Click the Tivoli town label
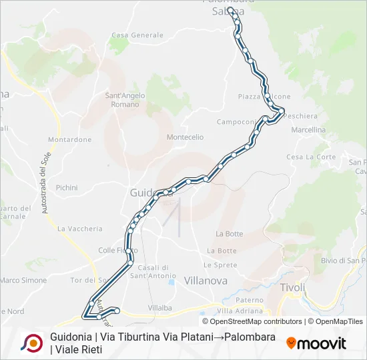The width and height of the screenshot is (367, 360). tap(294, 287)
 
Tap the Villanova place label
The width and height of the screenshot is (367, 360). tap(205, 281)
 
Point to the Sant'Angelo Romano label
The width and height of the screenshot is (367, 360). tap(125, 99)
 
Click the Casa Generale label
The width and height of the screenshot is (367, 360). tap(137, 35)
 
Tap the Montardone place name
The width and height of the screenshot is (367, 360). tap(69, 140)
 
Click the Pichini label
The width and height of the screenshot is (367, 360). tap(67, 188)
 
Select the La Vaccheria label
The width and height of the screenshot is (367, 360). tap(80, 229)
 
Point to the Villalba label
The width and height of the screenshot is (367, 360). tap(160, 307)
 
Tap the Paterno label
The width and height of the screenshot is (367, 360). tap(250, 301)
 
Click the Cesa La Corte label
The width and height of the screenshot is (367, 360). tap(311, 157)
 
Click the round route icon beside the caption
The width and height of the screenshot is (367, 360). tap(32, 343)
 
